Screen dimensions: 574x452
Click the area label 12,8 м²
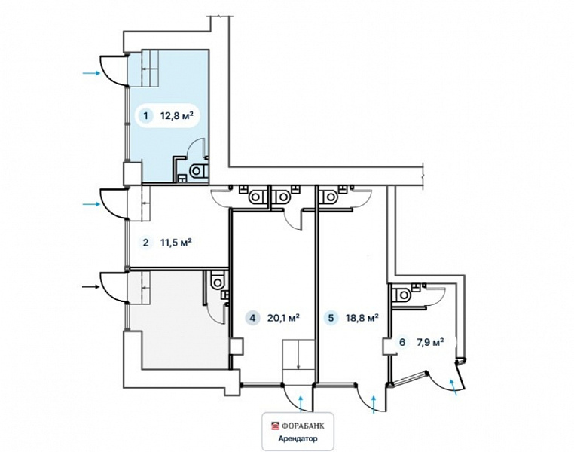177,116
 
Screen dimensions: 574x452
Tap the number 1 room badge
146,116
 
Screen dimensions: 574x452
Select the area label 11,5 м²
176,243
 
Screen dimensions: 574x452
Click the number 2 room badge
146,243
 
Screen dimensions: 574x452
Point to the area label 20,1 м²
284,317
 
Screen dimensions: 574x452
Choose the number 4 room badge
252,317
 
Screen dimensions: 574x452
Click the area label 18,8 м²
362,317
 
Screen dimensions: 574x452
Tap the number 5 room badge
331,317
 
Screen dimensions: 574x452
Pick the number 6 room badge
402,343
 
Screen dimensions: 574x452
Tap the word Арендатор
298,439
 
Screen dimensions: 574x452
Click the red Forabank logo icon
275,426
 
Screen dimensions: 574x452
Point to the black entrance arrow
90,287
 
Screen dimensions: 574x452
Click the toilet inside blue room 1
200,171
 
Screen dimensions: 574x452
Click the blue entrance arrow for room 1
91,73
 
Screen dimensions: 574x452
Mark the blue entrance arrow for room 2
91,204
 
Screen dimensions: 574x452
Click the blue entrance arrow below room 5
374,405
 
